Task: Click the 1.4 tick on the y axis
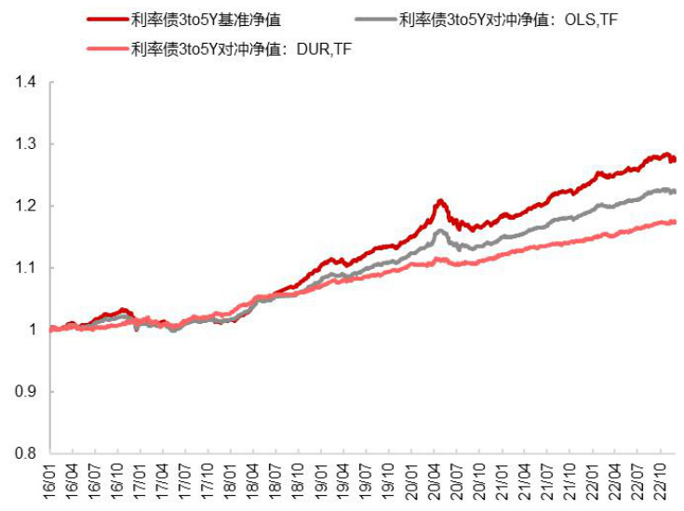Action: (24, 83)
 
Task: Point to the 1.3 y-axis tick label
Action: (24, 144)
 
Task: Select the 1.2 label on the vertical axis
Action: (24, 206)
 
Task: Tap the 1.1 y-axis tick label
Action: (24, 268)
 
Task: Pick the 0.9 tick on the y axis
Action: (24, 392)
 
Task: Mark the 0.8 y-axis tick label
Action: (24, 453)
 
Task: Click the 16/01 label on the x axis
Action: (50, 483)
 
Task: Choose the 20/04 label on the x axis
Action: (434, 483)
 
